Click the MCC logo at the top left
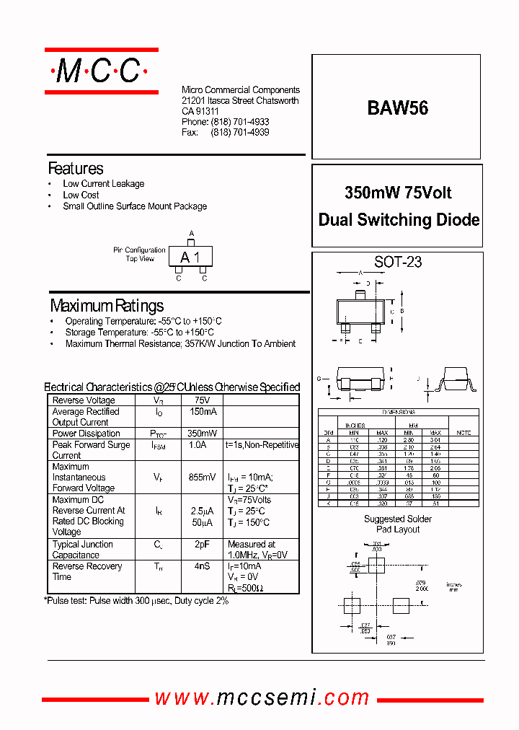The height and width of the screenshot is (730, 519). tap(101, 71)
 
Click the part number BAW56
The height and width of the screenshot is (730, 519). tap(397, 108)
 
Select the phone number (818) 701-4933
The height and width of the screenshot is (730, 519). tap(240, 123)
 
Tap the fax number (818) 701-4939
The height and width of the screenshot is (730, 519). tap(240, 133)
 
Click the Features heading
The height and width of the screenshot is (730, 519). tap(76, 169)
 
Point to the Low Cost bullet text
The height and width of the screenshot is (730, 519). tap(81, 195)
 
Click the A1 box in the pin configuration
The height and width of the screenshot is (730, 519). tap(191, 258)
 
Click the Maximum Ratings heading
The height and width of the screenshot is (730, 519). tap(107, 305)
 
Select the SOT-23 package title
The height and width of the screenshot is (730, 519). tap(397, 262)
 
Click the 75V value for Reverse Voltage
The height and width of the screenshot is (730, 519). tap(202, 400)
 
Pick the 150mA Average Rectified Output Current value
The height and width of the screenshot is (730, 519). tap(202, 412)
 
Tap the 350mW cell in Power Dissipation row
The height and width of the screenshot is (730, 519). tap(202, 434)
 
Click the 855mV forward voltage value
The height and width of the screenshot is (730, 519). tap(202, 478)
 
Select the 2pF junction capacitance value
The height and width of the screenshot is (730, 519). tap(202, 545)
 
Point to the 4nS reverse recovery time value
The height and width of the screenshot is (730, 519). tap(202, 566)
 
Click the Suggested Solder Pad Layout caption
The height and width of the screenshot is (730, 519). tap(397, 524)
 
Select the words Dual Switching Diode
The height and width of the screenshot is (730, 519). tap(399, 220)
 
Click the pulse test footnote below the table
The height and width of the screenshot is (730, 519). tap(137, 600)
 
